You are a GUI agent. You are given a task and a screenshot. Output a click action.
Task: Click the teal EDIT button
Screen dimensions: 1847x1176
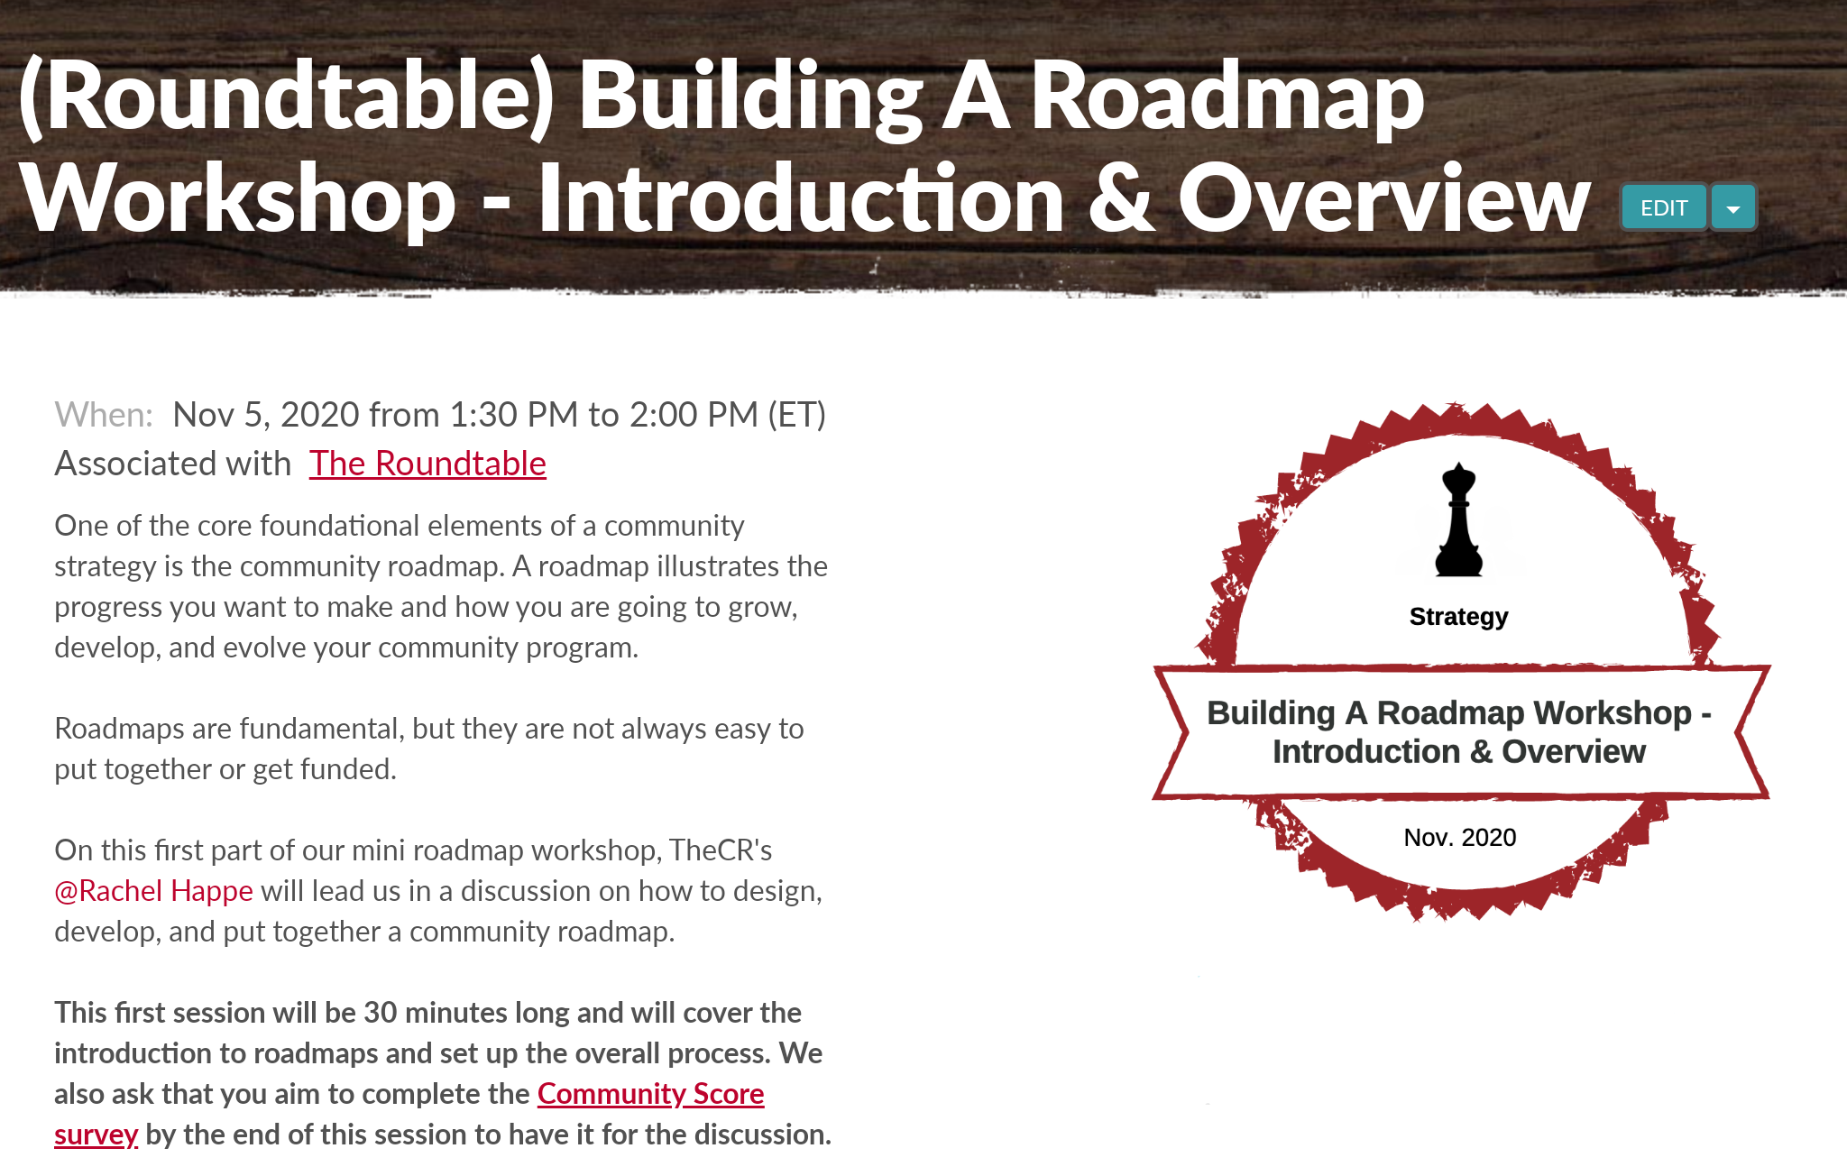1664,208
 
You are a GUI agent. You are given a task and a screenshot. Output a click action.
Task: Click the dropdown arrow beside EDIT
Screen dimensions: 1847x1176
1732,208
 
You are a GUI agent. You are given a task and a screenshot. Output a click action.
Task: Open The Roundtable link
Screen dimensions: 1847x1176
427,464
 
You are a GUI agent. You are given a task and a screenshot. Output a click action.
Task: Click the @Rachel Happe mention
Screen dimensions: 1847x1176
153,891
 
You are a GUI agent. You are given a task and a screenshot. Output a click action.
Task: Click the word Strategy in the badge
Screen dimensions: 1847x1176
1458,617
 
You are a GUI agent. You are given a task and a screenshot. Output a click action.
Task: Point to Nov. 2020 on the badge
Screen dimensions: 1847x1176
1459,838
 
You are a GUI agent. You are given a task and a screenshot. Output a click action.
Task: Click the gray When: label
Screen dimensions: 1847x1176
104,415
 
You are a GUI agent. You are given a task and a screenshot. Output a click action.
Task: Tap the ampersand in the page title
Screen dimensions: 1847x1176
1121,198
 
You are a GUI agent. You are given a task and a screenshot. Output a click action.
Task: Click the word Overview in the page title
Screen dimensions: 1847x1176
1384,198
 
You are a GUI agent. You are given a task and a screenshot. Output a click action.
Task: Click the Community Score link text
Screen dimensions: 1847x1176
650,1094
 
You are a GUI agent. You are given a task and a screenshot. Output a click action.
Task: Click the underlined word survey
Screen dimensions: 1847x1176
96,1135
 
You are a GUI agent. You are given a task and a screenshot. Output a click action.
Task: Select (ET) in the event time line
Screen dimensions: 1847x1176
796,415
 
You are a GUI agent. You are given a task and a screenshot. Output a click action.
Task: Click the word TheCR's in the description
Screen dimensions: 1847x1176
721,850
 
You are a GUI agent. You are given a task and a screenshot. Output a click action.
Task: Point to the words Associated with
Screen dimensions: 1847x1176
173,464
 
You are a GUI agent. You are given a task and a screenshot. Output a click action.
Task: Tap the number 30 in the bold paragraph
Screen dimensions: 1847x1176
380,1013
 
